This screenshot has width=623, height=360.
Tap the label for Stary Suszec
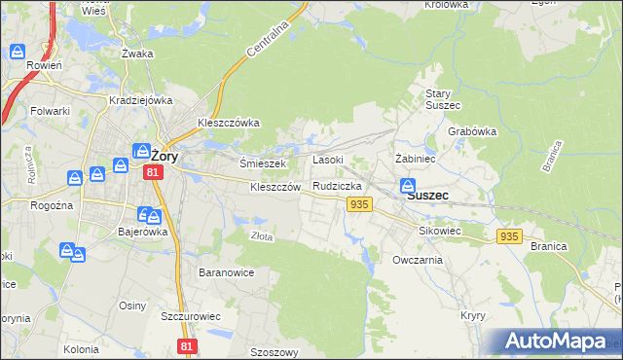[442, 98]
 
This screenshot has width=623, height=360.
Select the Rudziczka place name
[338, 185]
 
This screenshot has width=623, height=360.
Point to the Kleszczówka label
[228, 124]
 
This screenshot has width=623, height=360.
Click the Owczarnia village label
[418, 260]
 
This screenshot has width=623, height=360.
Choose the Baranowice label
[226, 272]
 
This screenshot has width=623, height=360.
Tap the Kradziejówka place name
[141, 100]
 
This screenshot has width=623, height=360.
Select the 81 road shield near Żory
[152, 172]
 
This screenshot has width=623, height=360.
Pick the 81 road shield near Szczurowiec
[187, 346]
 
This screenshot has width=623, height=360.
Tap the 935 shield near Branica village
[508, 236]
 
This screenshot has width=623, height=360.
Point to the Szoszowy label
[274, 352]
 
